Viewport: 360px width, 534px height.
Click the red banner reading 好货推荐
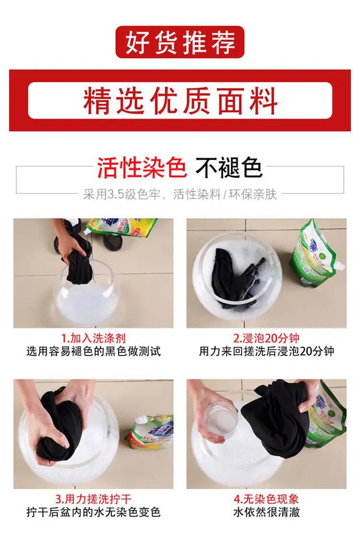click(x=180, y=42)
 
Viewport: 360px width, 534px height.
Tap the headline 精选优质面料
click(x=180, y=100)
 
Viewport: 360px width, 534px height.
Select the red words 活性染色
click(x=142, y=167)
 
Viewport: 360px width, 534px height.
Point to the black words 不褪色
click(x=229, y=167)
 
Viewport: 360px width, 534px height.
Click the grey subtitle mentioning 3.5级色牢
click(x=180, y=194)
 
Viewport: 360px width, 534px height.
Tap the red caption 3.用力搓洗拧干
click(x=93, y=499)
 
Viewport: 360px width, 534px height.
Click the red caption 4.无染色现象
click(x=266, y=499)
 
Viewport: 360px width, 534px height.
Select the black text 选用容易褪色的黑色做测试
click(x=93, y=351)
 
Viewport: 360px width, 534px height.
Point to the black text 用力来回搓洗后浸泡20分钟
click(x=266, y=351)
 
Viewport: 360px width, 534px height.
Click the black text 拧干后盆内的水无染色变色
click(x=93, y=512)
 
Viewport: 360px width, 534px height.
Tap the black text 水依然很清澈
click(x=266, y=512)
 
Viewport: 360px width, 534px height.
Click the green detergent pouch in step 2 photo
click(x=316, y=254)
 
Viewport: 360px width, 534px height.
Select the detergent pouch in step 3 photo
click(x=150, y=431)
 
